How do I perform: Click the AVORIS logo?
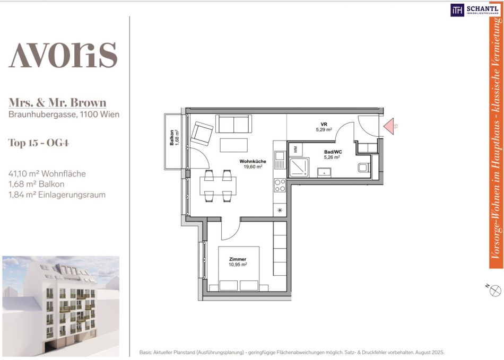(63, 55)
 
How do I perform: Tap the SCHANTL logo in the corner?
(474, 10)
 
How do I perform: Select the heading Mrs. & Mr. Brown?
(57, 102)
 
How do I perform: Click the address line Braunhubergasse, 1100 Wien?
(64, 115)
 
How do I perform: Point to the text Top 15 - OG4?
(39, 143)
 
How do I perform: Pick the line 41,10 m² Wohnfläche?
(47, 174)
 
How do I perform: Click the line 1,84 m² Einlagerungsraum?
(57, 195)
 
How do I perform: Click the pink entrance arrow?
(389, 126)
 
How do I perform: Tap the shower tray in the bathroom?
(299, 168)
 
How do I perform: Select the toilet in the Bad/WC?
(364, 168)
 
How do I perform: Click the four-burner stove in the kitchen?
(280, 185)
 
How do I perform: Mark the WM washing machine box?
(296, 150)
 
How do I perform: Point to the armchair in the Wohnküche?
(202, 134)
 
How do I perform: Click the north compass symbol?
(496, 291)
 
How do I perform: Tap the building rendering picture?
(61, 306)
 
